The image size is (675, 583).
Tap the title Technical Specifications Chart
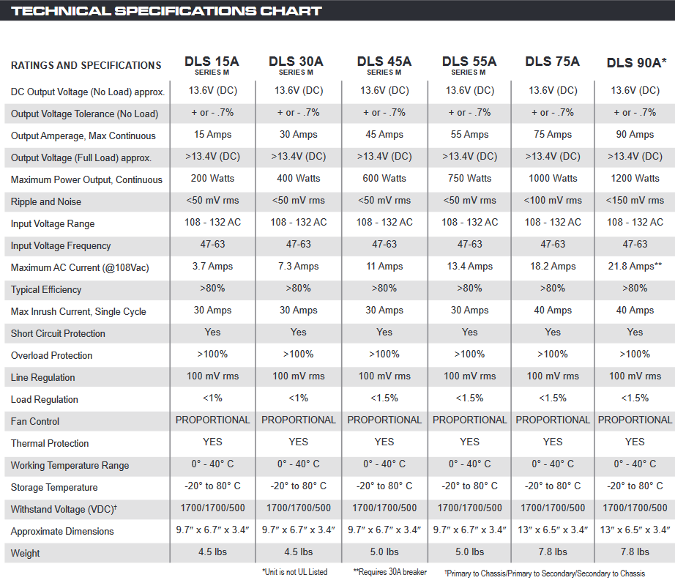pyautogui.click(x=167, y=11)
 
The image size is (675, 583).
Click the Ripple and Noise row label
pyautogui.click(x=46, y=201)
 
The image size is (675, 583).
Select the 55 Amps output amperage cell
pyautogui.click(x=469, y=134)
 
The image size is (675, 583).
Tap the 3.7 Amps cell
pyautogui.click(x=212, y=266)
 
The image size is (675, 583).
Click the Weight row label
pyautogui.click(x=26, y=553)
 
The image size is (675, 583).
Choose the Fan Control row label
pyautogui.click(x=35, y=421)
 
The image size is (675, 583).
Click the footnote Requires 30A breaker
pyautogui.click(x=390, y=572)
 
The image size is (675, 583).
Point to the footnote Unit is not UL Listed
pyautogui.click(x=295, y=572)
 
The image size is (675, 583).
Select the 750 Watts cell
pyautogui.click(x=469, y=178)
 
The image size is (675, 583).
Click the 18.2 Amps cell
pyautogui.click(x=553, y=266)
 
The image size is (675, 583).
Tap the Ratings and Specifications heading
pyautogui.click(x=86, y=65)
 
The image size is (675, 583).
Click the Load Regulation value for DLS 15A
pyautogui.click(x=212, y=398)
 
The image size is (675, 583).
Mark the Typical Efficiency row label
pyautogui.click(x=46, y=289)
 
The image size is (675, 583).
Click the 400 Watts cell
pyautogui.click(x=299, y=178)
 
